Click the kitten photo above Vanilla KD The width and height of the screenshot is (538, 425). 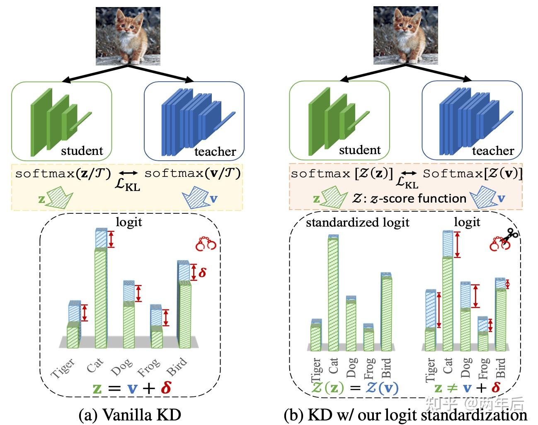coord(128,36)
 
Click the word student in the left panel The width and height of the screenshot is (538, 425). coord(82,150)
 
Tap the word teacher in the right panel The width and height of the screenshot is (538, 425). coord(493,151)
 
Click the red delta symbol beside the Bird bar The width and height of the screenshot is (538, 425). coord(202,273)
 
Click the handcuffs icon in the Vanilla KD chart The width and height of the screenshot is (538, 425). coord(206,244)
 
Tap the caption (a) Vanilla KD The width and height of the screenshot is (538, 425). coord(130,414)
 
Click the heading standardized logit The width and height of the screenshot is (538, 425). coord(358,222)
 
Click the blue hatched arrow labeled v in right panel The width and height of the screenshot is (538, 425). coord(483,197)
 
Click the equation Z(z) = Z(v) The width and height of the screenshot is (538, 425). coord(355,388)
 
